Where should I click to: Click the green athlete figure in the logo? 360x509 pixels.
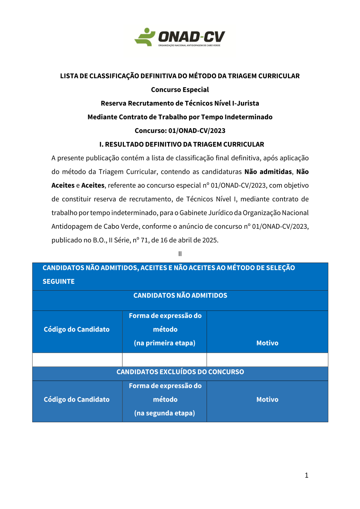[145, 37]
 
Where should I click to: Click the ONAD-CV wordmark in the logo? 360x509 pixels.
[192, 37]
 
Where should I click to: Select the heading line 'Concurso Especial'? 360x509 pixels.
[180, 90]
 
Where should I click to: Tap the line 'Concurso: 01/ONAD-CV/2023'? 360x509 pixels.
[180, 131]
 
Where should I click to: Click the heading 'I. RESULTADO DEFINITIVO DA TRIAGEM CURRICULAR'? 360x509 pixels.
[181, 144]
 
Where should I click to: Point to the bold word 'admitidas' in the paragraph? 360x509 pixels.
[276, 172]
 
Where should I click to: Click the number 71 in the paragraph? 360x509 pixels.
[144, 240]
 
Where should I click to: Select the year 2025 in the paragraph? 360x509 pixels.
[210, 240]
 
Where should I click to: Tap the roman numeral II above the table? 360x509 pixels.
[180, 254]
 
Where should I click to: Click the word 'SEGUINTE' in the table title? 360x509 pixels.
[59, 282]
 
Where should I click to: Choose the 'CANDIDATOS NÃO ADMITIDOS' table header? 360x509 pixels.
[180, 295]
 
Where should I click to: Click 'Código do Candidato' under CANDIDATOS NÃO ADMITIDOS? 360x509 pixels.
[77, 329]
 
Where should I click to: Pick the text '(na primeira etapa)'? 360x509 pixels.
[165, 343]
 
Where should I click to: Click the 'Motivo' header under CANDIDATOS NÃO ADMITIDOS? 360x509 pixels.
[267, 343]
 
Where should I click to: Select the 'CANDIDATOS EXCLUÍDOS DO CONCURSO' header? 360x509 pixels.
[180, 372]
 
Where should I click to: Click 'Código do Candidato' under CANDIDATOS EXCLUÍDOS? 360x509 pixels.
[77, 399]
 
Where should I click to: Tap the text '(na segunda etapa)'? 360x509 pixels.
[165, 413]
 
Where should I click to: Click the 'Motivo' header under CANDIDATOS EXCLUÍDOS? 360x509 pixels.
[267, 399]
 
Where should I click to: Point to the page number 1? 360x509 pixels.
[306, 475]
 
